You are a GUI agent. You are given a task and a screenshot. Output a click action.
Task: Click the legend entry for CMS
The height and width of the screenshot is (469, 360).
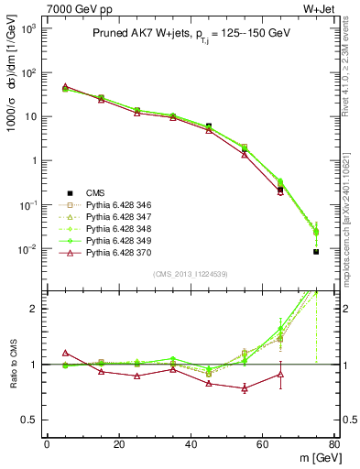[x=95, y=192]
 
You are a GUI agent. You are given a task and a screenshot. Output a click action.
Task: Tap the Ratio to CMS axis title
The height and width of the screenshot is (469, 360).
[x=12, y=365]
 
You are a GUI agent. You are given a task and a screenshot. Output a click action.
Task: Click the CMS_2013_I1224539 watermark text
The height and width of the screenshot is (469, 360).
[x=190, y=274]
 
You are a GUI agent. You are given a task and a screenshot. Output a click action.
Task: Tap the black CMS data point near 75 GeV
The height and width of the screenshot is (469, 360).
[x=316, y=251]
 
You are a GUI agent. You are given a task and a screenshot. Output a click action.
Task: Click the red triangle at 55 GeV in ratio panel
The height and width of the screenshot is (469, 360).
[x=245, y=388]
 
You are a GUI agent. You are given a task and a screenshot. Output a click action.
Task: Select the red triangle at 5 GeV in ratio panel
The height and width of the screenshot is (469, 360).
[x=65, y=353]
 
